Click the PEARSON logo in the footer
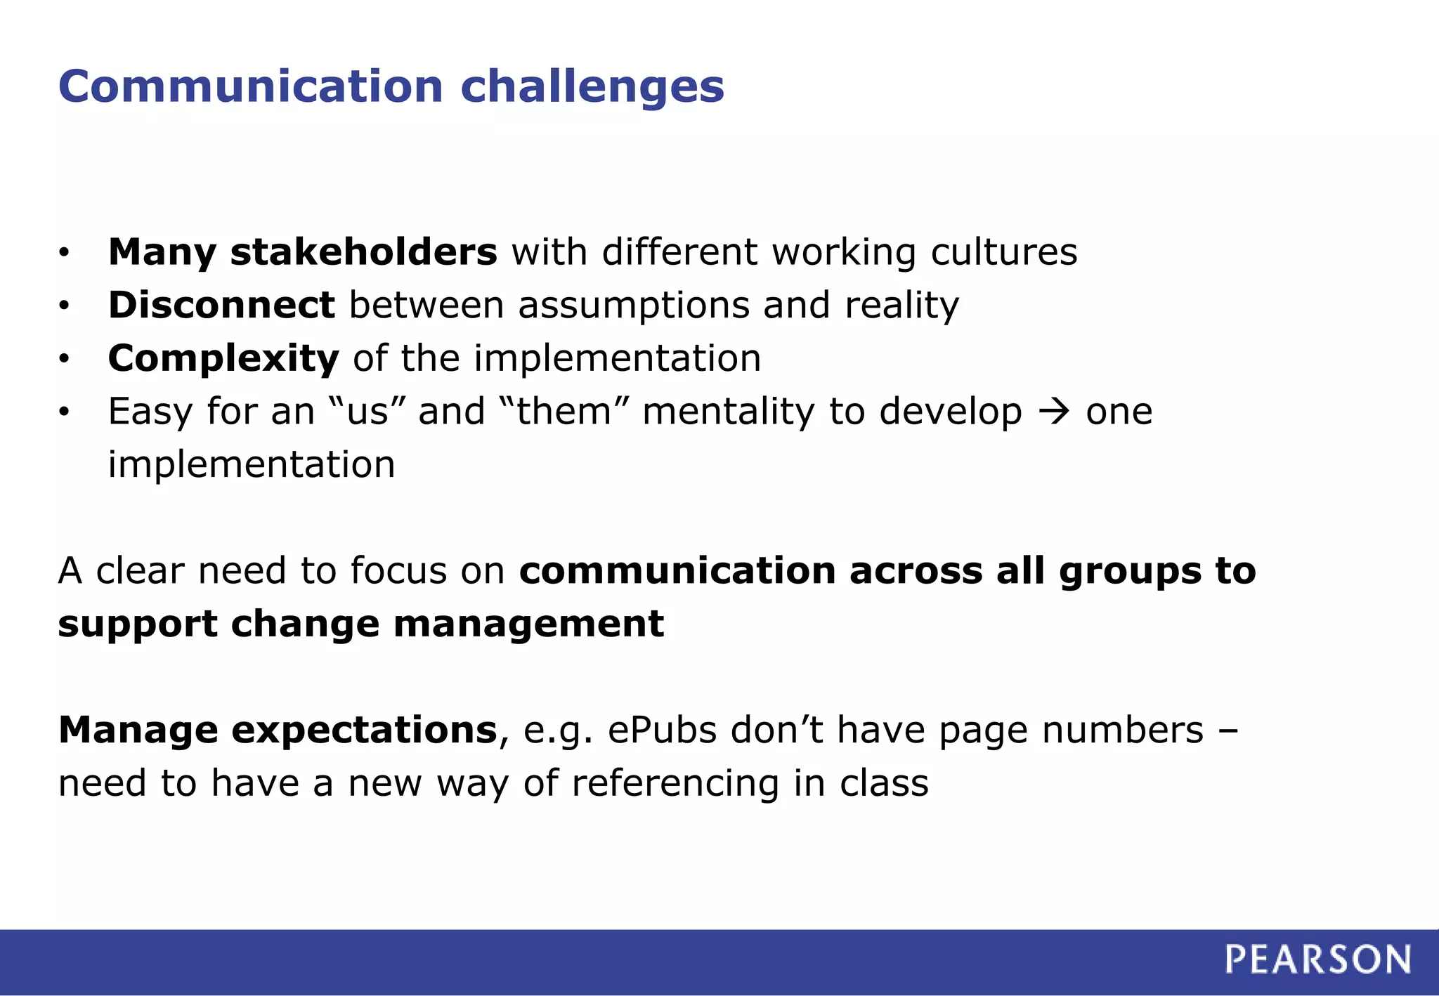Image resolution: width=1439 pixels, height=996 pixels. (1317, 959)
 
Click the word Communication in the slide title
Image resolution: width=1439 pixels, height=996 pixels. (251, 86)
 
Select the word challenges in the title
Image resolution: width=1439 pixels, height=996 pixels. (592, 86)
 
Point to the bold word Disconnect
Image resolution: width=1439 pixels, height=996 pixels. (221, 305)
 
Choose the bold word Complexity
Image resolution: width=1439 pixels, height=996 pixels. (223, 358)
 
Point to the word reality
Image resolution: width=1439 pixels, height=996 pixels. (901, 306)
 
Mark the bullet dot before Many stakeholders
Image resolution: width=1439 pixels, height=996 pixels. (64, 253)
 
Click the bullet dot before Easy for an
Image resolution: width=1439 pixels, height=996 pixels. (64, 412)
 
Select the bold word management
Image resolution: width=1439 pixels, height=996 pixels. (528, 624)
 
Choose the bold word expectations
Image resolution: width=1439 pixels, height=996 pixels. (364, 731)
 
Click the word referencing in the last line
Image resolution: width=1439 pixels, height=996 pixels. (675, 784)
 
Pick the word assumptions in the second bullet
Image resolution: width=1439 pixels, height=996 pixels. (634, 306)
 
